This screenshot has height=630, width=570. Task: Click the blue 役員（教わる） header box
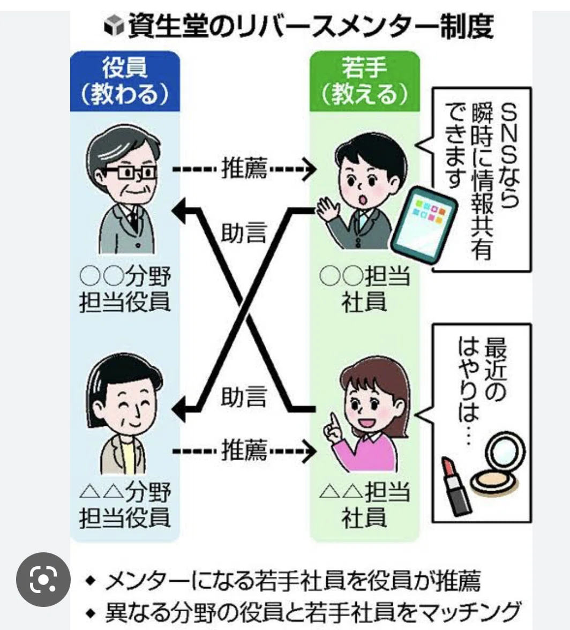pos(125,81)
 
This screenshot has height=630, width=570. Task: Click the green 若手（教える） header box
pos(365,81)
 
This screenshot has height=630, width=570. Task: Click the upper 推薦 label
pos(244,168)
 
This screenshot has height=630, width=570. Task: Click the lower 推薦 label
pos(244,450)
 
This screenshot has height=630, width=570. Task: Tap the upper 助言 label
pos(244,232)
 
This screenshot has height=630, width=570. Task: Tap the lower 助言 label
pos(244,396)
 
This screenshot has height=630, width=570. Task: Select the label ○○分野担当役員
pos(125,289)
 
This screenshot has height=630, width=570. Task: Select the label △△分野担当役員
pos(125,504)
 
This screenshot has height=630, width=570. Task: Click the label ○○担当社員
pos(365,289)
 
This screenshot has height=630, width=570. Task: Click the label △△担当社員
pos(365,504)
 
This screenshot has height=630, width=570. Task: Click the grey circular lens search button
pos(43,580)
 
